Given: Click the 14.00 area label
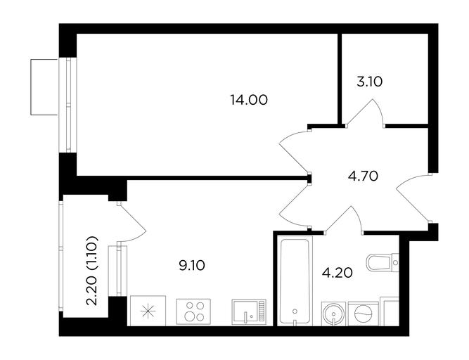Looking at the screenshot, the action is pos(249,100).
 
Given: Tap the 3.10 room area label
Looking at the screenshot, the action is pos(370,82).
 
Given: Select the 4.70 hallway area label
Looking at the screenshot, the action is pos(363,176).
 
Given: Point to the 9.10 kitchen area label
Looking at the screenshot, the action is pos(192,265).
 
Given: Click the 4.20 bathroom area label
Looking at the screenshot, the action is pos(338,273).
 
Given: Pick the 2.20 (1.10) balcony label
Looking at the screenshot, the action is pos(92,271).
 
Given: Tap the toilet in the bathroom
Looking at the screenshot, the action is pos(383,263).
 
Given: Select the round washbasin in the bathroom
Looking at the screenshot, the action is pos(333,314).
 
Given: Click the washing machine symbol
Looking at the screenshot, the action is pos(363,314).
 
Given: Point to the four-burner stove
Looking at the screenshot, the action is pos(193,311).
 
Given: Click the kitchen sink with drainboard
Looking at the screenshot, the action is pos(249,312).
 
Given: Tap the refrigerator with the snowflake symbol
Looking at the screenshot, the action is pos(148,311).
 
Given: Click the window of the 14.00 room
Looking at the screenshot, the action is pos(68,105).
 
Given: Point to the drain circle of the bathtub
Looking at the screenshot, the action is pos(295,311).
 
